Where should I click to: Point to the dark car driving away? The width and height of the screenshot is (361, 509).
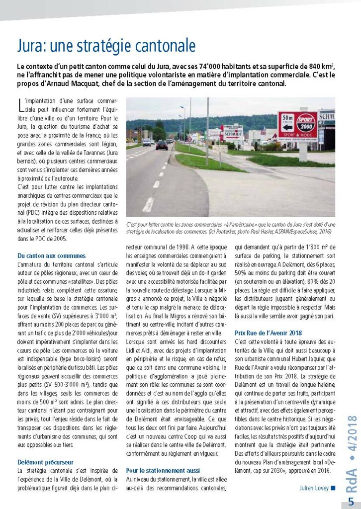(x=162, y=145)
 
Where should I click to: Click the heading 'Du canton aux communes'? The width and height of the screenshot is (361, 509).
(x=51, y=255)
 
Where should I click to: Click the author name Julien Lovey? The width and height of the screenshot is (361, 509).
(x=313, y=488)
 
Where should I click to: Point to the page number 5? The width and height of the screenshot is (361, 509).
(x=351, y=500)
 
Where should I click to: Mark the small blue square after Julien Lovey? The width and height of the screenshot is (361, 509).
(x=333, y=488)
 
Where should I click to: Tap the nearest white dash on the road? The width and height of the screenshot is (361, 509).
(x=148, y=204)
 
